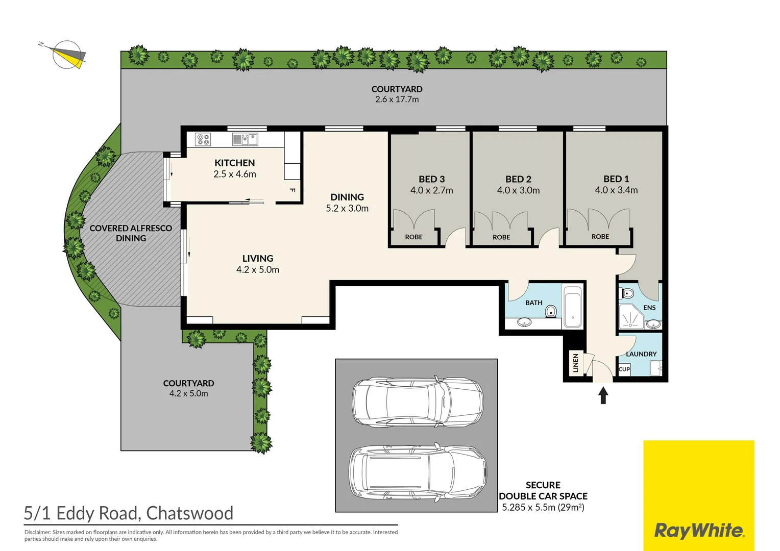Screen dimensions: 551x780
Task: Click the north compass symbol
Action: pyautogui.click(x=66, y=54)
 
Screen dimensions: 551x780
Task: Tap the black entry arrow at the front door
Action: pyautogui.click(x=603, y=395)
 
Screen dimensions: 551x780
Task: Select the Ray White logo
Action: pyautogui.click(x=698, y=531)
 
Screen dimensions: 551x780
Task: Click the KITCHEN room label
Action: pyautogui.click(x=234, y=163)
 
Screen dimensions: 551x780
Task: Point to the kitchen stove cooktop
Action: pyautogui.click(x=203, y=139)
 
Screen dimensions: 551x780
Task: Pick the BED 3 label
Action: pyautogui.click(x=431, y=179)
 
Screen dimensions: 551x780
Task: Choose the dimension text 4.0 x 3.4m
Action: pyautogui.click(x=616, y=190)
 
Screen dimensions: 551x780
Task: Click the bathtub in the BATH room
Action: pyautogui.click(x=572, y=307)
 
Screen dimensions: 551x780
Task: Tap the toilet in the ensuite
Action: pyautogui.click(x=627, y=293)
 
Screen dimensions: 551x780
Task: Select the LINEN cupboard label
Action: pyautogui.click(x=575, y=363)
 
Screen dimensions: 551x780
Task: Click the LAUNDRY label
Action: pyautogui.click(x=641, y=354)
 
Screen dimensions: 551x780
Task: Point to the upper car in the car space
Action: pyautogui.click(x=417, y=402)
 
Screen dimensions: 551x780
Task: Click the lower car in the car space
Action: pyautogui.click(x=417, y=471)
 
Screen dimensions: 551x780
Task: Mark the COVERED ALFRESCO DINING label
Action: pyautogui.click(x=131, y=233)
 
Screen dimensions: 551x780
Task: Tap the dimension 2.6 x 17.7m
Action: pyautogui.click(x=397, y=99)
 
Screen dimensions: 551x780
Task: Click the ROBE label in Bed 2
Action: pyautogui.click(x=501, y=237)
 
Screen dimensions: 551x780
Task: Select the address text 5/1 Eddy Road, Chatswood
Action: pyautogui.click(x=129, y=513)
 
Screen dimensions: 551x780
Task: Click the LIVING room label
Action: pyautogui.click(x=258, y=259)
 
